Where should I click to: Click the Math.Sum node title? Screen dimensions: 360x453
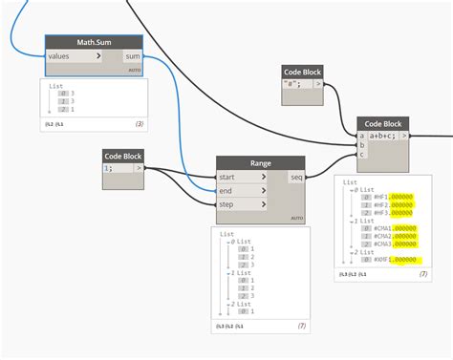tap(94, 42)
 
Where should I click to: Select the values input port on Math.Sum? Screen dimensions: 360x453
tap(73, 56)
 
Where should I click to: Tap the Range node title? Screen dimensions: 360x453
tap(260, 163)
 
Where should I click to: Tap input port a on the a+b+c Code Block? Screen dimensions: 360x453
tap(361, 136)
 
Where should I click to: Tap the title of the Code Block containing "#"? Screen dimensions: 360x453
tap(303, 72)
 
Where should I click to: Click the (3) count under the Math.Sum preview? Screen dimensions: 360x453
tap(139, 124)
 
